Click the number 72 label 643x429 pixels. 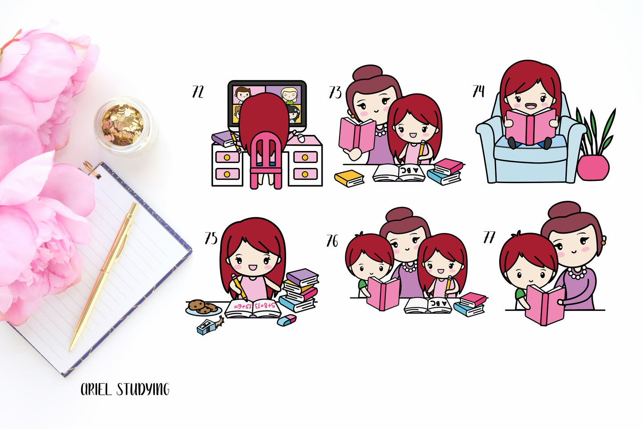(198, 92)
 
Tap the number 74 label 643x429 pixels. (478, 91)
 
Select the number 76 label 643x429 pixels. (332, 241)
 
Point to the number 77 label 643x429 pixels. (489, 237)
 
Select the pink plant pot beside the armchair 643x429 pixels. (593, 168)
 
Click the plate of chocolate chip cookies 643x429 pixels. (204, 307)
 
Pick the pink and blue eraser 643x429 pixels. (287, 320)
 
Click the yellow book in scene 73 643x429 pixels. (349, 178)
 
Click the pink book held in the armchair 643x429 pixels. (531, 126)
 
